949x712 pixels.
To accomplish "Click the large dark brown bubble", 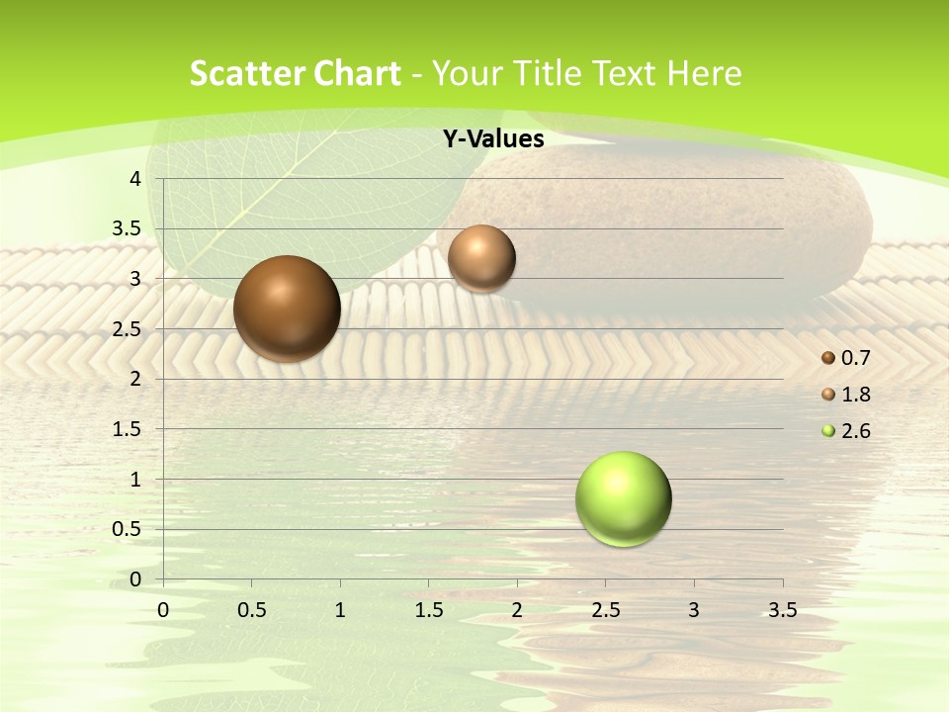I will [288, 309].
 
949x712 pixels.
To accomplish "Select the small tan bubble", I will [481, 258].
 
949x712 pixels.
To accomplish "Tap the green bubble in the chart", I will [624, 498].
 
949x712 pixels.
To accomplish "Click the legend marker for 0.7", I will [828, 357].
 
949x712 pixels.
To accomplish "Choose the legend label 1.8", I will [856, 395].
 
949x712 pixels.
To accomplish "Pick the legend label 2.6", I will [856, 431].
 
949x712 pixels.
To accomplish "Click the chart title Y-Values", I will [493, 139].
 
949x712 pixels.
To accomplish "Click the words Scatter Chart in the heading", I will [295, 73].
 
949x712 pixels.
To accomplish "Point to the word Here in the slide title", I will [705, 73].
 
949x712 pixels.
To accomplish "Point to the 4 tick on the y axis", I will [136, 179].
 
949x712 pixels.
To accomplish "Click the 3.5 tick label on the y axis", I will [128, 229].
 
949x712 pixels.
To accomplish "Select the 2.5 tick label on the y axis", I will [128, 329].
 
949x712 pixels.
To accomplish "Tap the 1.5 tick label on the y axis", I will [128, 429].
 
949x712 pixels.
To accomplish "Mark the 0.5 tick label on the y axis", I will [128, 529].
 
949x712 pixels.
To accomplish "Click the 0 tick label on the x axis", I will [163, 610].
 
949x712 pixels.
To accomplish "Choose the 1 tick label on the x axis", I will [340, 610].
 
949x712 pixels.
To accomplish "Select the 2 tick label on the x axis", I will [517, 610].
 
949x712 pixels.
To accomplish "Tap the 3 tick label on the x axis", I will [694, 610].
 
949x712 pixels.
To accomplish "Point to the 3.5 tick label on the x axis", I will [782, 610].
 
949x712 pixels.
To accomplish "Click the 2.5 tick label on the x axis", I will [605, 610].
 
